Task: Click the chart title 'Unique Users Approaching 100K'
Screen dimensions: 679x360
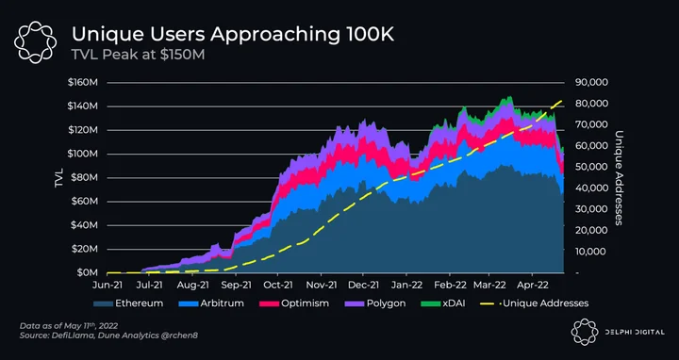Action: (233, 34)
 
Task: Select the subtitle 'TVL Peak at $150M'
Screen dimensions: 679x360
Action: (138, 55)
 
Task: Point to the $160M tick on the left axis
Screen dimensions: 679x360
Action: (82, 82)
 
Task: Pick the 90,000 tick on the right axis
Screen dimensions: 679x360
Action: (591, 82)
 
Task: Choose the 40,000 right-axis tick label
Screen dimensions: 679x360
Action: (591, 188)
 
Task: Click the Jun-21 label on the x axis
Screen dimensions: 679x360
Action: (107, 286)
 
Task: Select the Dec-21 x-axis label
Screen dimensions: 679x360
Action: (363, 286)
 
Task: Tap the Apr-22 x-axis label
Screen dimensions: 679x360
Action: (531, 286)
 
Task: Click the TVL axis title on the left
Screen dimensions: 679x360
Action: (58, 178)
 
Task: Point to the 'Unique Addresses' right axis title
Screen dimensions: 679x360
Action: (619, 178)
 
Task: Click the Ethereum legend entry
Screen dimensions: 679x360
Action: (128, 303)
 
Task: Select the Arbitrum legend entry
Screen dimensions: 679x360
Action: (211, 303)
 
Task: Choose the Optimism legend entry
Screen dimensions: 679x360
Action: (294, 303)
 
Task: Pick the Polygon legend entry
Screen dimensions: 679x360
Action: (375, 303)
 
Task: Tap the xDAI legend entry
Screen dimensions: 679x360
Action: (442, 303)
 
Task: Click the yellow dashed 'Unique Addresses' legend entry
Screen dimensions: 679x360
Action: (534, 303)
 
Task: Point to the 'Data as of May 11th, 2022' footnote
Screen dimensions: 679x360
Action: (69, 326)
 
